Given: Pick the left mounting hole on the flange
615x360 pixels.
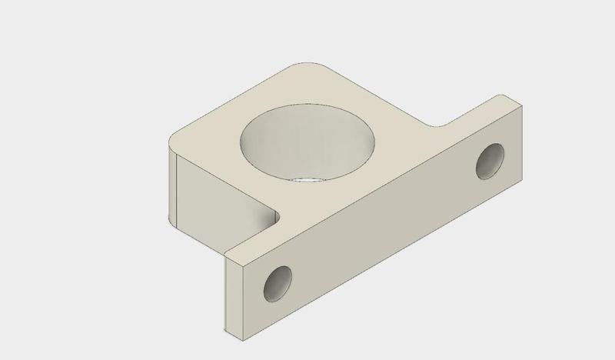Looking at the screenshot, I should pos(278,285).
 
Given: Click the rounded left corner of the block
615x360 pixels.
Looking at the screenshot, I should pos(173,142).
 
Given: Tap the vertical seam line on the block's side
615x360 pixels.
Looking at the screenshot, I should pos(178,192).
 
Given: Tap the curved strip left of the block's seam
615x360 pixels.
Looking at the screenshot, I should pos(171,188).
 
